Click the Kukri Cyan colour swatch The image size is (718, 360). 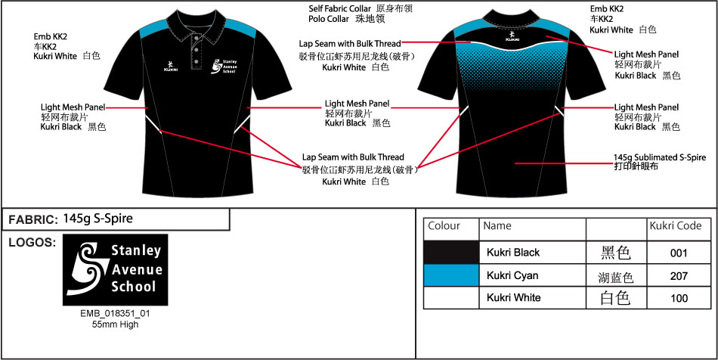coord(451,275)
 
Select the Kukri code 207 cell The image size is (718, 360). coord(679,276)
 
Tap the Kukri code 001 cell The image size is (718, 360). coord(679,253)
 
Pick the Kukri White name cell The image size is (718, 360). coord(532,298)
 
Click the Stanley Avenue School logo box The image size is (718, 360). coord(115,270)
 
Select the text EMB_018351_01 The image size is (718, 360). coord(115,314)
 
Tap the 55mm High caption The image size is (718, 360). coord(115,324)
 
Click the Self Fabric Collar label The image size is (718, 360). coord(340,9)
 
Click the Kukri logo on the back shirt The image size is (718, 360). coord(512,36)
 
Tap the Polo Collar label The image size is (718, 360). coord(329,19)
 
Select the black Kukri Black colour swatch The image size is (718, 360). coord(451,253)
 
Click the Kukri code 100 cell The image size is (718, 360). coord(679,298)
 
